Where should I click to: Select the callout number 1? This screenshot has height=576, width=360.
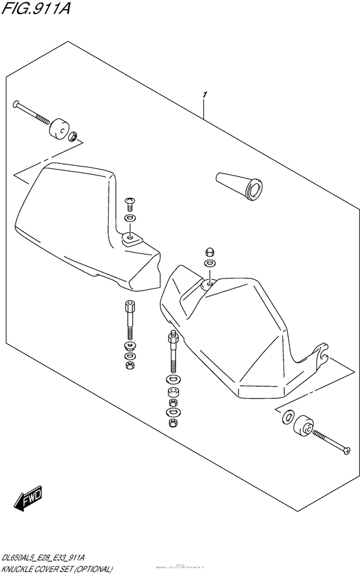(x=204, y=96)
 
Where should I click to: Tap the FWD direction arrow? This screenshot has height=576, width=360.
(x=28, y=497)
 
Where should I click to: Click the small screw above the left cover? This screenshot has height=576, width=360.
(x=129, y=203)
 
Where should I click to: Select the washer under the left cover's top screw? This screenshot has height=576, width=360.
(x=130, y=218)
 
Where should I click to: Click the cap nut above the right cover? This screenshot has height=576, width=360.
(x=210, y=251)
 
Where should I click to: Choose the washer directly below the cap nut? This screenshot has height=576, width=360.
(x=210, y=263)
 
